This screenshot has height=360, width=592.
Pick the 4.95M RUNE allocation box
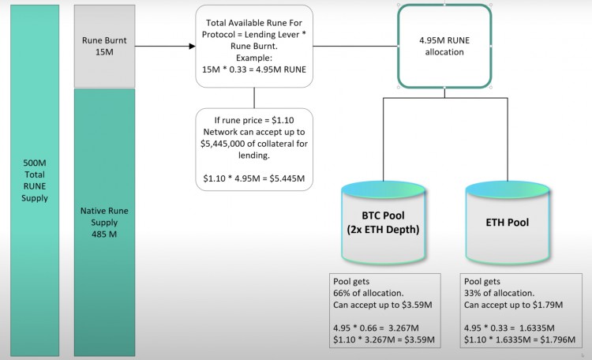pos(444,46)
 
